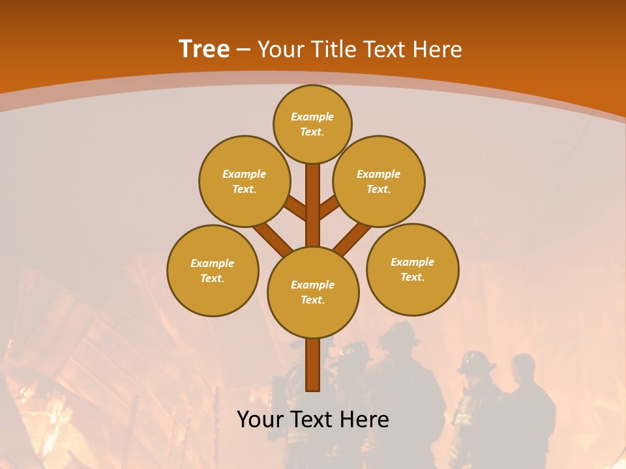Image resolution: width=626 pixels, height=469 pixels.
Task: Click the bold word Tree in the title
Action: pos(204,49)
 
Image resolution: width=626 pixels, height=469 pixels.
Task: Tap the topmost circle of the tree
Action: pos(312,124)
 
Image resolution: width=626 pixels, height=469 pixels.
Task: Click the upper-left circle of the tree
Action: pos(245,181)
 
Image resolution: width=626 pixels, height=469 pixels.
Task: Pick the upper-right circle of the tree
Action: pos(379,181)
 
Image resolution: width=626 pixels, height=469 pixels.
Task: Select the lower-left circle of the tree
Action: pos(213,270)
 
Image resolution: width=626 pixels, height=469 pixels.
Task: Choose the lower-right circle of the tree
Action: pos(412,269)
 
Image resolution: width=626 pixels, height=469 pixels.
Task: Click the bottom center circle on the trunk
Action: pos(313,292)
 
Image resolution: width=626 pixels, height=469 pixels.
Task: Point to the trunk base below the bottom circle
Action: pos(313,365)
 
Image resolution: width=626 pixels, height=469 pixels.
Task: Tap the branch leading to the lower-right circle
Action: pos(352,238)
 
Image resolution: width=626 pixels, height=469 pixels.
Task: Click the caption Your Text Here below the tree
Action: pos(313,419)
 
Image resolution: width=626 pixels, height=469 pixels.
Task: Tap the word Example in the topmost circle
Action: pos(312,117)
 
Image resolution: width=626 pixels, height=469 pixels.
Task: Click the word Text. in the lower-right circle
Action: pos(412,277)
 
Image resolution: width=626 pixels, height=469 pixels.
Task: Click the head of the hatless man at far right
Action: pos(523,369)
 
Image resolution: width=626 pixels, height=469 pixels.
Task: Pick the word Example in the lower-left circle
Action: pos(212,263)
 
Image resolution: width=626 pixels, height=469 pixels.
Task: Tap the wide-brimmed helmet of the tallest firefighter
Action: pos(399,334)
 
